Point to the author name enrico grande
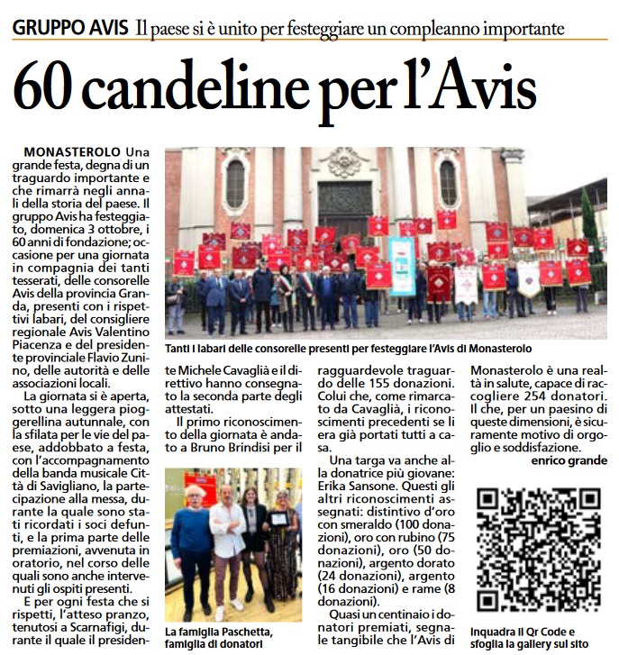pos(569,460)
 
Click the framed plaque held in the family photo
pos(280,520)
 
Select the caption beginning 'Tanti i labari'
pos(348,348)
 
